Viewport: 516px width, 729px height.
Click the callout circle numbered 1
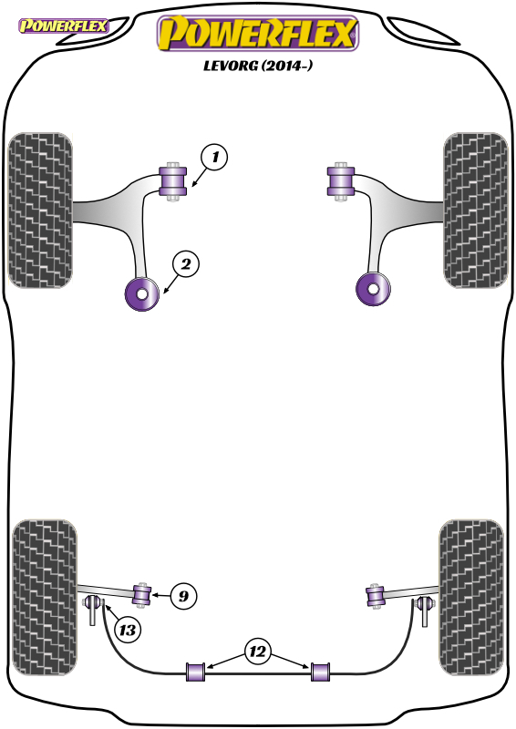[x=214, y=157]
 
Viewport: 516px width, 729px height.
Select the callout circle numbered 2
[x=186, y=264]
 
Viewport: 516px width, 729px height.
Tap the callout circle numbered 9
[x=184, y=596]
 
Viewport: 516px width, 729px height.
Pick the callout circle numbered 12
[x=257, y=652]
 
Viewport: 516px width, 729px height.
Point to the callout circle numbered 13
[x=127, y=630]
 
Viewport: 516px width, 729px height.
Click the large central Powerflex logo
[x=258, y=33]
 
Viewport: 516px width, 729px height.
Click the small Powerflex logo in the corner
[x=63, y=26]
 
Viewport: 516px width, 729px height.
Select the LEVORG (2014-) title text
[x=258, y=66]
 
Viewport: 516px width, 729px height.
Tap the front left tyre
[x=40, y=210]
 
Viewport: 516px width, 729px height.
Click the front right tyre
[x=476, y=210]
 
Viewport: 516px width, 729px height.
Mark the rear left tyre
[x=44, y=598]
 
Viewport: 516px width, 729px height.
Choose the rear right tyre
[x=471, y=598]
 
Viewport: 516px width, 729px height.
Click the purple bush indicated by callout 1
[x=173, y=181]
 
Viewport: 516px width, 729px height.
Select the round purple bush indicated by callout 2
[x=142, y=293]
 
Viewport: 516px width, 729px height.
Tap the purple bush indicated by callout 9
[x=142, y=596]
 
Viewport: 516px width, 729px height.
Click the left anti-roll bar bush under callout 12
[x=196, y=672]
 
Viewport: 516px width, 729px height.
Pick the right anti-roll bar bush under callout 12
[x=320, y=672]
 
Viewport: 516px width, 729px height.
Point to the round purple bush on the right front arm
[x=373, y=289]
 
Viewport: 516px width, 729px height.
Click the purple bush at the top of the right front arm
[x=341, y=181]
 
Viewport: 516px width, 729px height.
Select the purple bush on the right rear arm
[x=375, y=597]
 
